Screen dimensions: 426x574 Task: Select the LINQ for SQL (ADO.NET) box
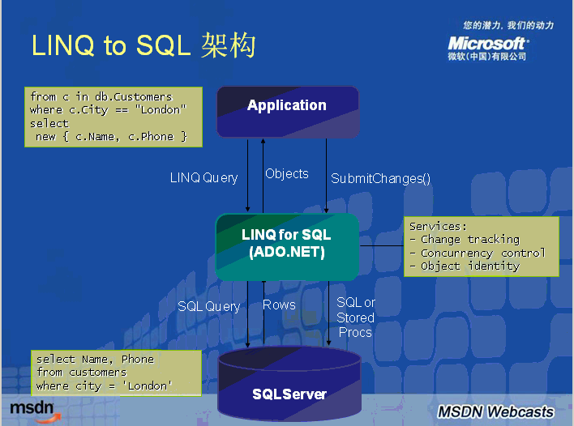287,245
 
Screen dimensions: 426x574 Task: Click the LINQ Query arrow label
203,177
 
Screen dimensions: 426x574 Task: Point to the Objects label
287,173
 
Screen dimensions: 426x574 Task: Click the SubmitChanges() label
380,178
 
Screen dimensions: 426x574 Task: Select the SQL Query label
209,306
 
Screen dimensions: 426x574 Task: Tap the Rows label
279,305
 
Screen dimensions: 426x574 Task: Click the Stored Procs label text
355,325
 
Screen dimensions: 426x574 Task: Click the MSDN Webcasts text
496,411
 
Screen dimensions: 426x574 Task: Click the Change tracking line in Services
470,240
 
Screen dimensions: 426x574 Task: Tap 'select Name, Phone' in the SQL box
95,359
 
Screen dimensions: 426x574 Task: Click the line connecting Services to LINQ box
381,245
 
